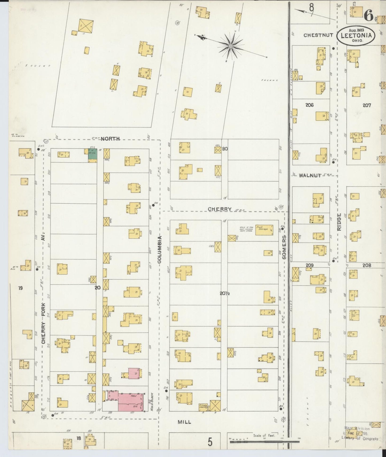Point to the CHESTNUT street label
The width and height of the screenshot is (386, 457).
[318, 35]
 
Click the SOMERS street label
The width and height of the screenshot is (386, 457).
[284, 247]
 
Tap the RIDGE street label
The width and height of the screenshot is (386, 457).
[339, 222]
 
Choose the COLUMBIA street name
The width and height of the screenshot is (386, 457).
[159, 250]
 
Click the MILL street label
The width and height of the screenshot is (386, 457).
[184, 422]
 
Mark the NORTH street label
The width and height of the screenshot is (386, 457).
[110, 139]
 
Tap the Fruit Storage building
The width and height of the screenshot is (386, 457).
[264, 230]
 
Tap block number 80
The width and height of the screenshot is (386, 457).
[225, 149]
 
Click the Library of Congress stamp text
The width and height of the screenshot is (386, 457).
[360, 438]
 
